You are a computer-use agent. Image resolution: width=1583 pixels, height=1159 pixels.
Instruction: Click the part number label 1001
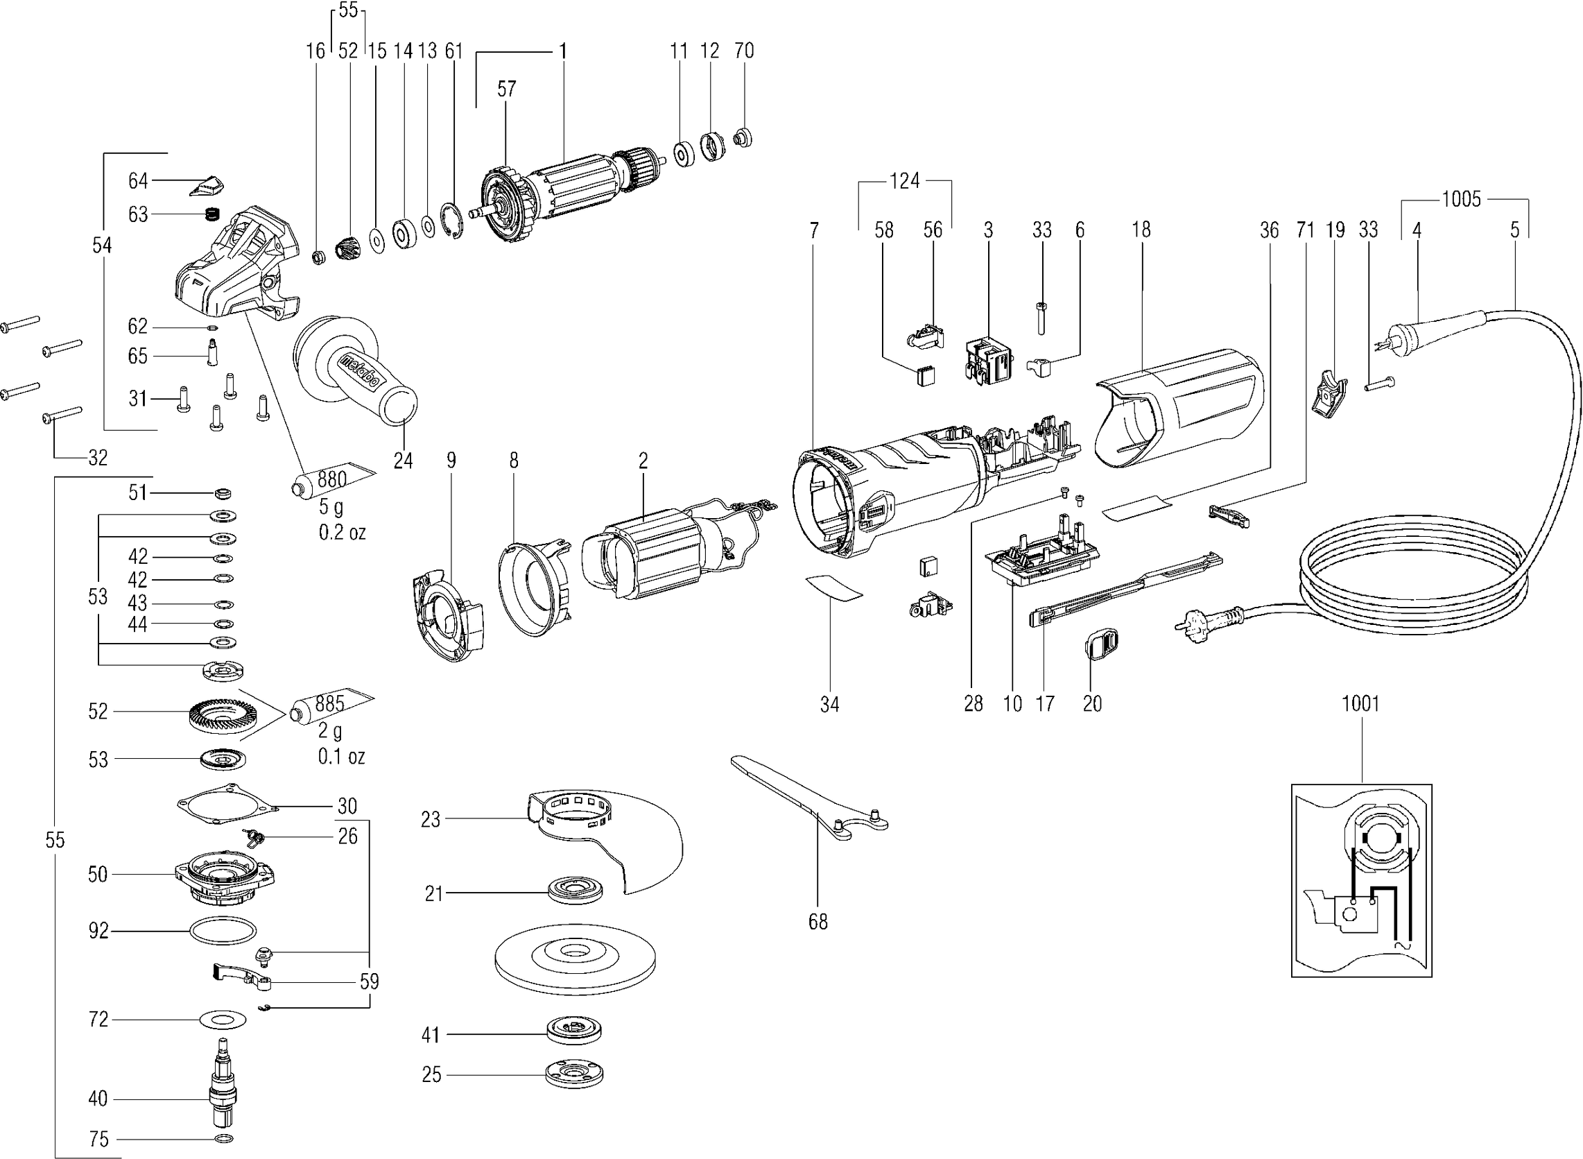pyautogui.click(x=1360, y=703)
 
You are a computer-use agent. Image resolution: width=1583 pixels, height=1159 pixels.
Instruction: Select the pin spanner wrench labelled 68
pyautogui.click(x=806, y=793)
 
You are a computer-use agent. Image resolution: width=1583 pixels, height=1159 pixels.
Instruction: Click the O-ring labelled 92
pyautogui.click(x=223, y=932)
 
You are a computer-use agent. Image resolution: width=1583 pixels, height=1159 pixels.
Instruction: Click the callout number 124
pyautogui.click(x=904, y=181)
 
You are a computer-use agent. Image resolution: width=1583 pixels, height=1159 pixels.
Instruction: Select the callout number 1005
pyautogui.click(x=1461, y=199)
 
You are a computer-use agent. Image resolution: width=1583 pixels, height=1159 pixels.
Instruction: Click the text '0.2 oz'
pyautogui.click(x=343, y=533)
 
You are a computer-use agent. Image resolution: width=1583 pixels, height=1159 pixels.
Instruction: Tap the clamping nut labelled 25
pyautogui.click(x=574, y=1074)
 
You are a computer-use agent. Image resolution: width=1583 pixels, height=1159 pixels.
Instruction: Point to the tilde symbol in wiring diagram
pyautogui.click(x=1401, y=947)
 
